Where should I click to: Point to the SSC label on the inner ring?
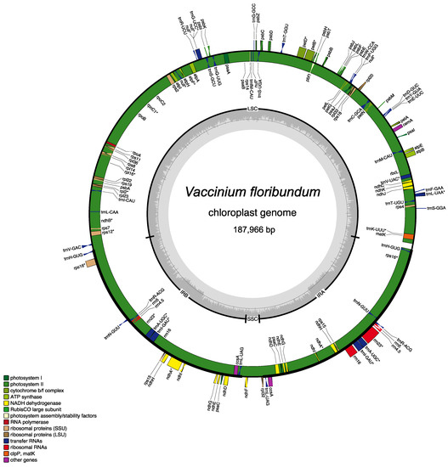tap(252, 318)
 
